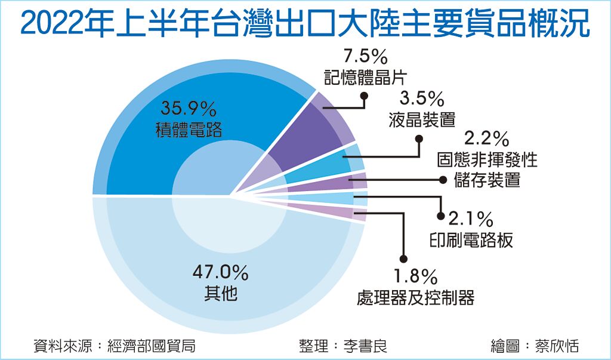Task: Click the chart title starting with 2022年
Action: tap(305, 24)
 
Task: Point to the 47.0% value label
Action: tap(220, 273)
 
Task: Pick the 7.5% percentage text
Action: tap(366, 57)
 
